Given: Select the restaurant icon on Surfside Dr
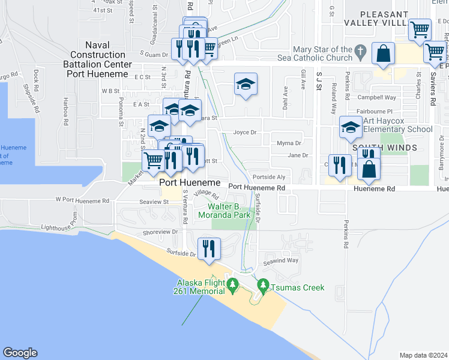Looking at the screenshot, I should [209, 249].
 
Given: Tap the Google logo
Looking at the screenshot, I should [20, 353].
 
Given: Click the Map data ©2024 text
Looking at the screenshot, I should [423, 355].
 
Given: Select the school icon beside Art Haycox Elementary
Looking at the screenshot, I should [351, 127].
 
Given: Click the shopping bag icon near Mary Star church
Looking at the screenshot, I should [383, 54].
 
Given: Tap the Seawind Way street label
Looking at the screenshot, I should [283, 260].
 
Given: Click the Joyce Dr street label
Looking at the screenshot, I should [245, 133].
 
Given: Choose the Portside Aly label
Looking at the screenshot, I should [269, 177].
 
